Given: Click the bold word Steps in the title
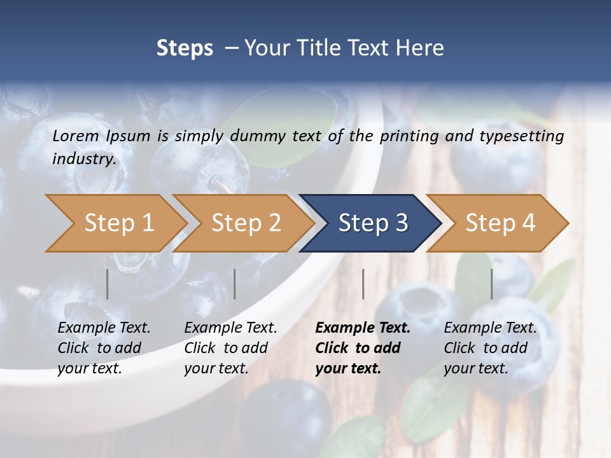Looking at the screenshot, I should coord(185,48).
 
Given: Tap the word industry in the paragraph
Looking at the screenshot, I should coord(83,159).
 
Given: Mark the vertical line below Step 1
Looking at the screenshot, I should coord(108,284).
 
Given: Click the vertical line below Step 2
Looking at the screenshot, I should coord(235,284).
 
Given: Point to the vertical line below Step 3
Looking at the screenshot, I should coord(363,284).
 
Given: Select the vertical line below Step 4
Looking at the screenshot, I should coord(492,284).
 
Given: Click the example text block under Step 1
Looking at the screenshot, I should coord(104,348).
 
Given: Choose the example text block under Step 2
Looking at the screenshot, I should coord(230,348).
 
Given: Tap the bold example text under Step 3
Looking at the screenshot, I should coord(362,348).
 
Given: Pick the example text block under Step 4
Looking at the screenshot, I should coord(490,348).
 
